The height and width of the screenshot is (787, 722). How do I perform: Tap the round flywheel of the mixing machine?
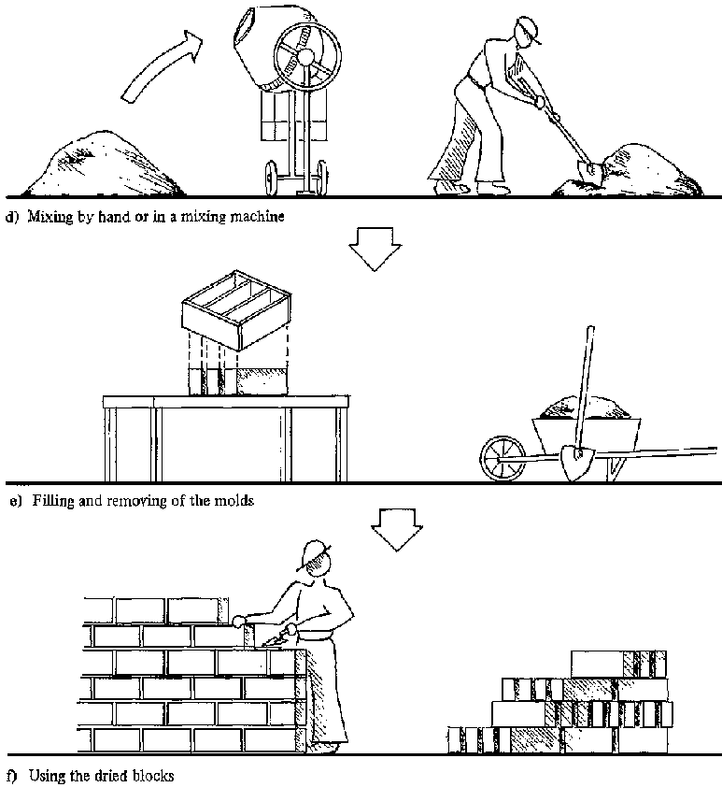(307, 56)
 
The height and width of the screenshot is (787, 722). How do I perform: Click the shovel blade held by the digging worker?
(589, 170)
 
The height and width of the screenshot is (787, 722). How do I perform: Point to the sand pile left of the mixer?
(103, 164)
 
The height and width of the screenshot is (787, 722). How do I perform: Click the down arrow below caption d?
(375, 249)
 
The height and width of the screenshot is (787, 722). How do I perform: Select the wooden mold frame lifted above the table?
(236, 309)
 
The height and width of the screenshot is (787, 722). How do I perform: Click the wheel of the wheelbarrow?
(503, 458)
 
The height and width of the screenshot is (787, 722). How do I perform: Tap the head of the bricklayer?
(317, 559)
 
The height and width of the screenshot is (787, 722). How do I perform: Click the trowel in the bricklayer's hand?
(275, 640)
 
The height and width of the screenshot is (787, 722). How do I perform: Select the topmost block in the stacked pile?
(618, 664)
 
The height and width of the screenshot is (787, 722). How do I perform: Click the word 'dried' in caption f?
(120, 776)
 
